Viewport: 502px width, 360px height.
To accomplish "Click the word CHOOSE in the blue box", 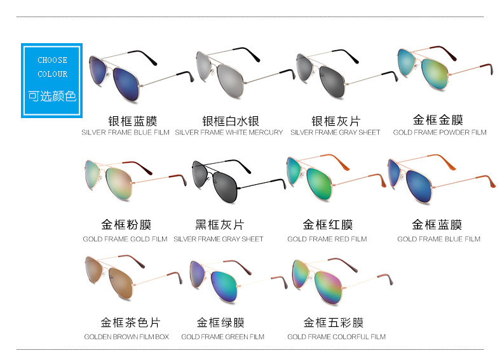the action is click(x=52, y=60).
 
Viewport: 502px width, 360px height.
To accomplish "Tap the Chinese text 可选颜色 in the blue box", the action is click(x=52, y=97).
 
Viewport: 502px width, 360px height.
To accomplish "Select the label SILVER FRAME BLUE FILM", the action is click(x=125, y=133).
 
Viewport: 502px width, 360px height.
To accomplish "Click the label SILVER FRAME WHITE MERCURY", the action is click(x=229, y=133).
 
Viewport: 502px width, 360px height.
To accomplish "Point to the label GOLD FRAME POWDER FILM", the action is click(x=439, y=133).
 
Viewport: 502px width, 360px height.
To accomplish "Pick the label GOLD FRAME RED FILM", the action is click(x=327, y=239).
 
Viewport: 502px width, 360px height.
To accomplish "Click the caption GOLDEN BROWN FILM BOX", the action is click(x=126, y=337).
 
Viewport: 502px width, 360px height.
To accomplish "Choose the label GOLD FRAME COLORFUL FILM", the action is click(x=336, y=337).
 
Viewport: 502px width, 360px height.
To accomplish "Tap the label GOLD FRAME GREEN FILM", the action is click(x=222, y=337).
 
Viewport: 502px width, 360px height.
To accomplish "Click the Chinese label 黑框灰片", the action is click(x=219, y=225).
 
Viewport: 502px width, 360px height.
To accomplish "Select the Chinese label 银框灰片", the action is click(x=336, y=121).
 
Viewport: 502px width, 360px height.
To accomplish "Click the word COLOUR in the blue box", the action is click(x=52, y=74).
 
